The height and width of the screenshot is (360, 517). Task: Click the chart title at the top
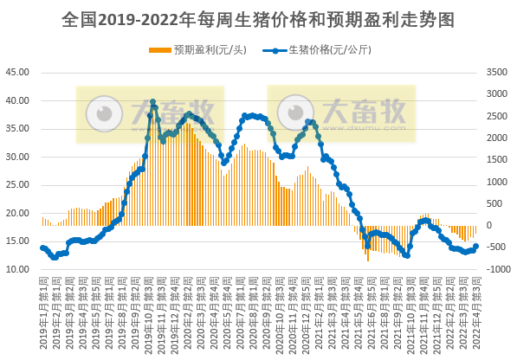pyautogui.click(x=258, y=18)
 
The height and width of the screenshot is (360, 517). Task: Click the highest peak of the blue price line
pyautogui.click(x=152, y=102)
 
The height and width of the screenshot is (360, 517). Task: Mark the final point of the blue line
pyautogui.click(x=475, y=247)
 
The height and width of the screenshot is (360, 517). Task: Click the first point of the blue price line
pyautogui.click(x=42, y=247)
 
